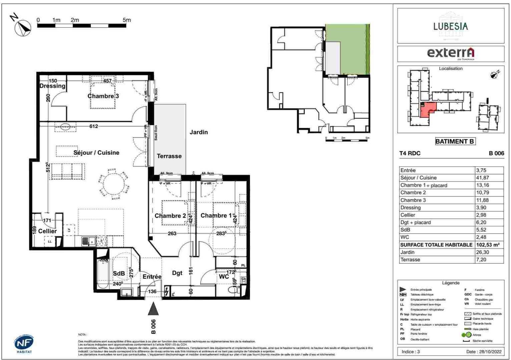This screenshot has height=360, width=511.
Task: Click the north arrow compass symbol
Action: coord(23,28)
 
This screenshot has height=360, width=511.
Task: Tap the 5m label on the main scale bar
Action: coord(127,20)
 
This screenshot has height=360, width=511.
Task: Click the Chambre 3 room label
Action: coord(103,96)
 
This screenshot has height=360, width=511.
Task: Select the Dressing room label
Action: coord(52,86)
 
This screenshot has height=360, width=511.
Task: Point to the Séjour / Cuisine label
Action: coord(96,153)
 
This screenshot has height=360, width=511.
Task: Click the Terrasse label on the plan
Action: coord(169,156)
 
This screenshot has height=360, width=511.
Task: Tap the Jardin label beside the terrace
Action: coord(198,132)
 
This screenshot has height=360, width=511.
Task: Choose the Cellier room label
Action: coord(47,231)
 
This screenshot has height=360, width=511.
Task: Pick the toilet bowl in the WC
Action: coord(234,289)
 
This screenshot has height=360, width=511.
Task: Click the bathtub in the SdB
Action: coord(102,273)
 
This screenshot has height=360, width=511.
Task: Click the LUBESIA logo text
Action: coord(450,26)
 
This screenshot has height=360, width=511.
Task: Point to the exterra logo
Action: coord(450,53)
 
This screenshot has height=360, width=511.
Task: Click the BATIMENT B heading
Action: coord(455,141)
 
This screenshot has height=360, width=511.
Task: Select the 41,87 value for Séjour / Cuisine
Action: coord(482,178)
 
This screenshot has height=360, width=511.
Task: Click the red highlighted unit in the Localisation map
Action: coord(427,110)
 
